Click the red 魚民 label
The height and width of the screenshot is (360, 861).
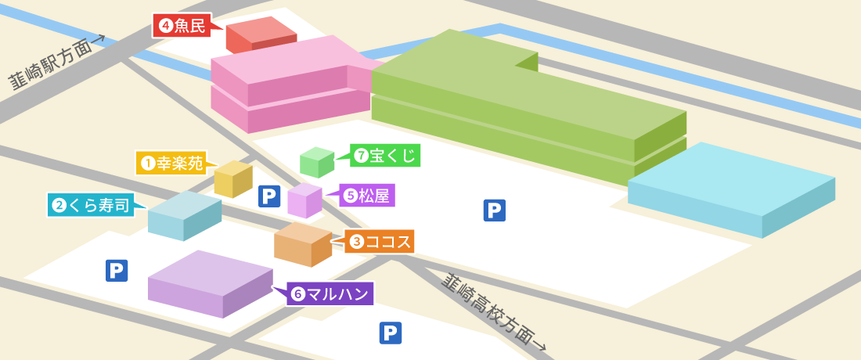click(182, 26)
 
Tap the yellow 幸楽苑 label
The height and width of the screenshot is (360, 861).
click(171, 163)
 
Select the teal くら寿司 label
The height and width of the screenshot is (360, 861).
click(91, 205)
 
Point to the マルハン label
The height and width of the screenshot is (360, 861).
click(330, 294)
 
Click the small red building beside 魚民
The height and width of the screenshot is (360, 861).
click(261, 37)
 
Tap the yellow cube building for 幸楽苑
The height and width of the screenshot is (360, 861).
click(233, 179)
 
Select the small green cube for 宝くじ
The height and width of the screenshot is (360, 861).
click(317, 162)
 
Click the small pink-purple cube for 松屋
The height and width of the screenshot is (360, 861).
click(304, 200)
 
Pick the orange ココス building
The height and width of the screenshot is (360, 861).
click(302, 244)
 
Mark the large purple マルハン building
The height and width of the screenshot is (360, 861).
click(210, 283)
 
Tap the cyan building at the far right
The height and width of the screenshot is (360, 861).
click(731, 189)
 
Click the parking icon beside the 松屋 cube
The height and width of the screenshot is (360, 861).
click(269, 196)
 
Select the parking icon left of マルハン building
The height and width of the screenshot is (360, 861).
click(117, 271)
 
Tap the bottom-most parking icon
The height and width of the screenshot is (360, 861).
click(391, 333)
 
